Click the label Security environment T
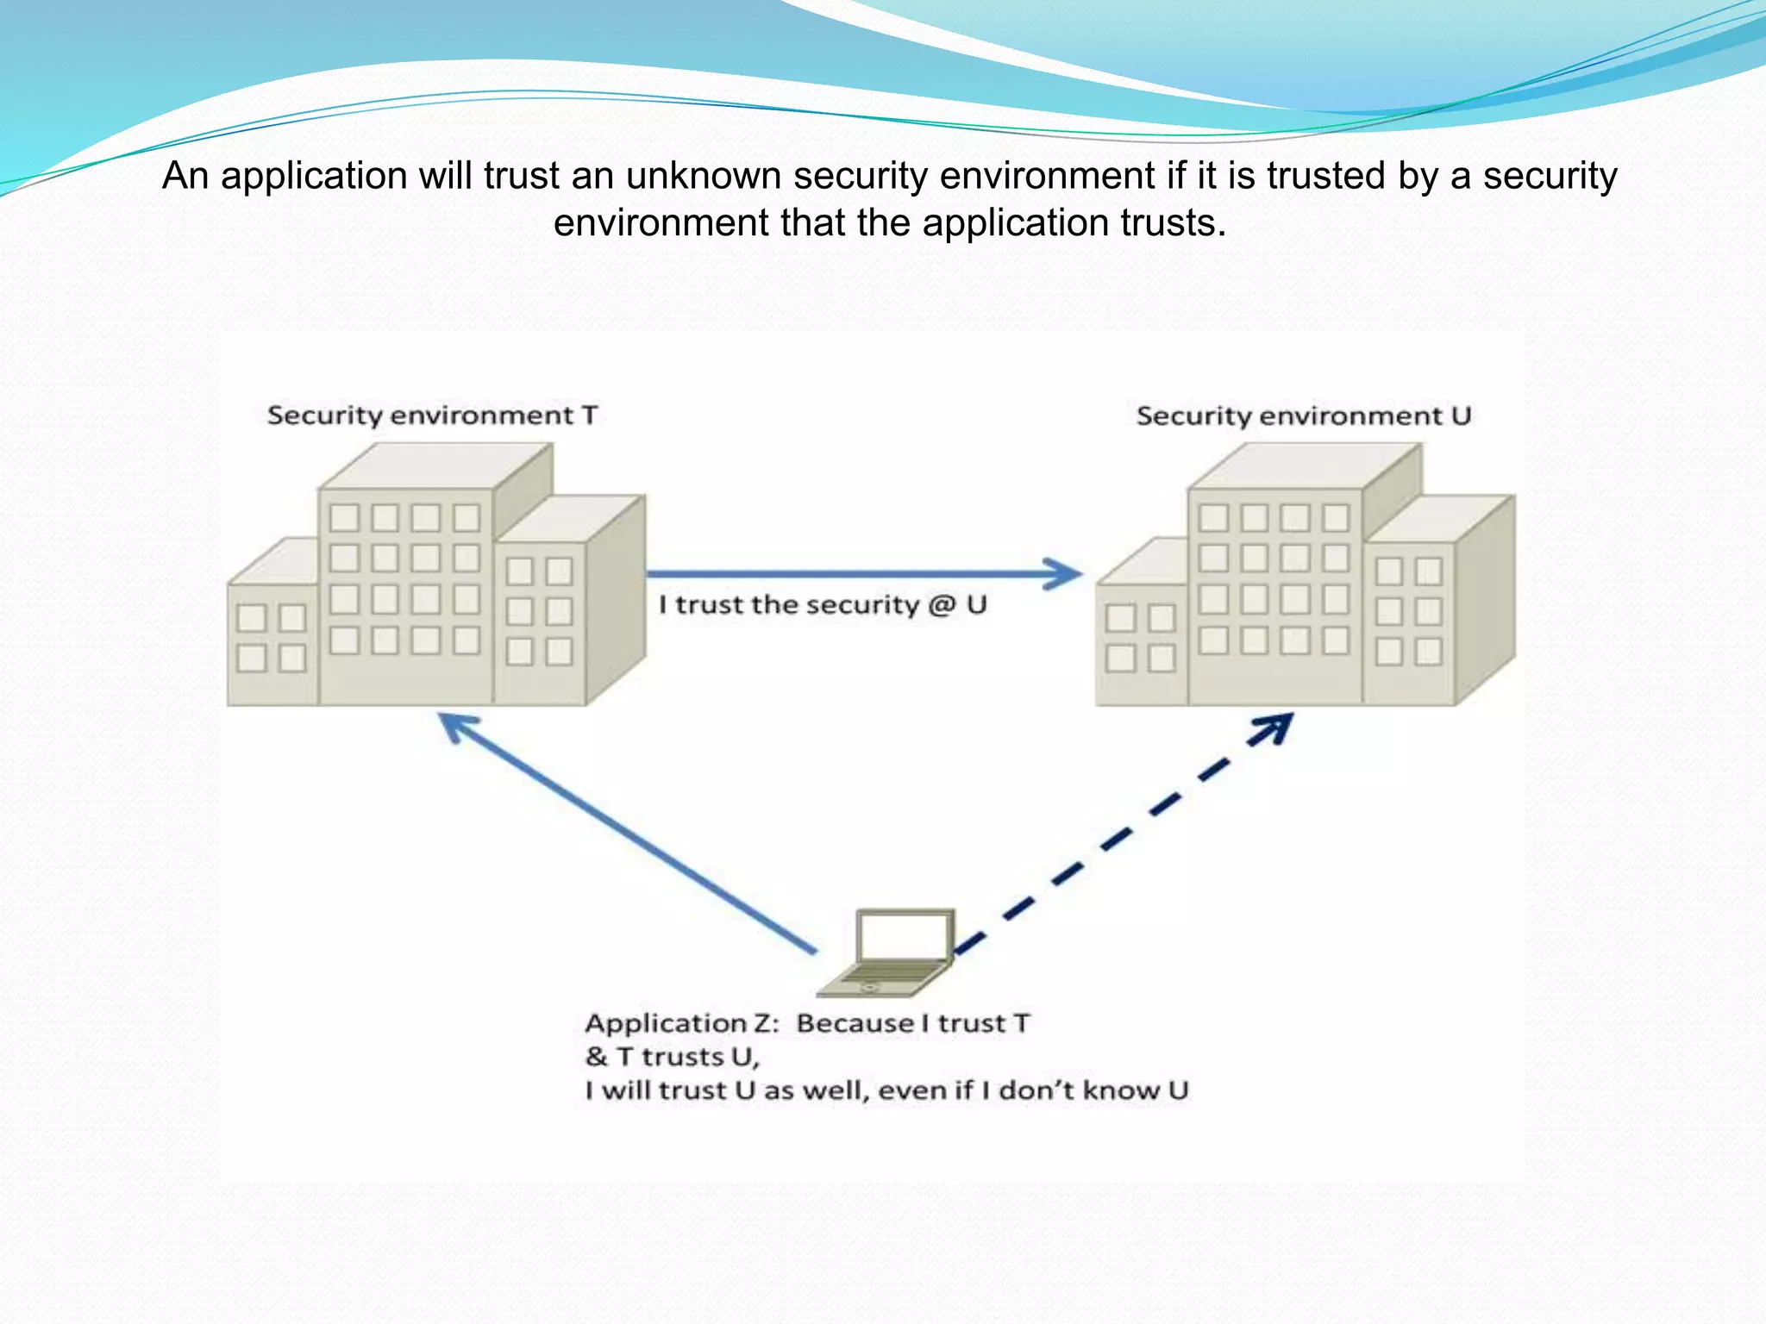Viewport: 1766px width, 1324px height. (432, 415)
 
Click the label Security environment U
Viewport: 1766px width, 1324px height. (1303, 416)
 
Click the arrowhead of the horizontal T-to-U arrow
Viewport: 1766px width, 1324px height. (1063, 573)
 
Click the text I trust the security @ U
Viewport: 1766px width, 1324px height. (823, 605)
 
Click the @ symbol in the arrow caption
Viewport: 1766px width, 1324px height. (942, 605)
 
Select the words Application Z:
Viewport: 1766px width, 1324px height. (681, 1023)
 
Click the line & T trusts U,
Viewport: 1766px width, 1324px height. (672, 1057)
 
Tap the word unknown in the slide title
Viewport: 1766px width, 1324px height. (704, 176)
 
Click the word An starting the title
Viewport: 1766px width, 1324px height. (185, 176)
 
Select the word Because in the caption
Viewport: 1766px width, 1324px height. (855, 1023)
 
